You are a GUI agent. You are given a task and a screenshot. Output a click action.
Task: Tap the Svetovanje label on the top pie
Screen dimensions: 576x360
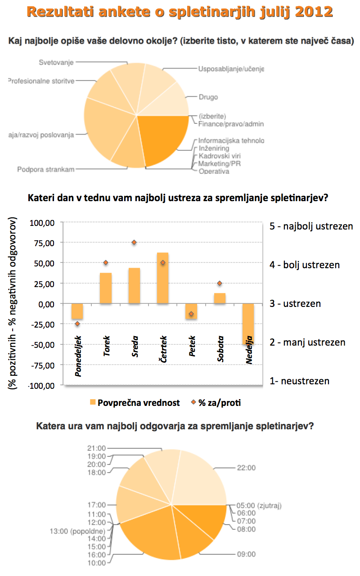click(56, 62)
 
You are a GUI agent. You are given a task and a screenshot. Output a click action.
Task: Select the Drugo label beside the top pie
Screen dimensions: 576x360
click(208, 97)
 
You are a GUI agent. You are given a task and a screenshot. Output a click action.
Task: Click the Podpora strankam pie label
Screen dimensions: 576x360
click(46, 169)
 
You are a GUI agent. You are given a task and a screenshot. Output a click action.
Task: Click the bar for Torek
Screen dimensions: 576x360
click(106, 288)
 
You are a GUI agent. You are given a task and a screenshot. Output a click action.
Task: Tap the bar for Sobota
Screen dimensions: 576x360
click(220, 298)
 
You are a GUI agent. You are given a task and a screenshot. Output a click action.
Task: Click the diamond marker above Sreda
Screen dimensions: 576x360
click(134, 243)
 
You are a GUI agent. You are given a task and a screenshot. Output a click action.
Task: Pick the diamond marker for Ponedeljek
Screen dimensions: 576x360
click(77, 324)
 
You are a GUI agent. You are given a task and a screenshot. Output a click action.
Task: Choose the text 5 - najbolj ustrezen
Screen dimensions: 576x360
click(311, 226)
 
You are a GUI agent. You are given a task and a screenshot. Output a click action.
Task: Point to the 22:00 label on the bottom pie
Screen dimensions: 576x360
click(246, 468)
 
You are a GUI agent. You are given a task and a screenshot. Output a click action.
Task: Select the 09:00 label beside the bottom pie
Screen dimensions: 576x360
click(246, 554)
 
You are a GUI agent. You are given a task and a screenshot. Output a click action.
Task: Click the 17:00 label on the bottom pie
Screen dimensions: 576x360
click(96, 505)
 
